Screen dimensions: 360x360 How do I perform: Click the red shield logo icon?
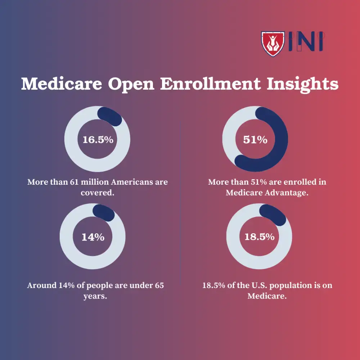273,44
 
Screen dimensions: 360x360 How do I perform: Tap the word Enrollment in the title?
210,84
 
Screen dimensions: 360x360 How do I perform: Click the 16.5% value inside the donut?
98,140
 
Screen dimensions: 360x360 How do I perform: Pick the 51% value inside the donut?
255,140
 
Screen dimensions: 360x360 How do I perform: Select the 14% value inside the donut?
93,237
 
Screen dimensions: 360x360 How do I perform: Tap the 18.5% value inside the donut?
259,237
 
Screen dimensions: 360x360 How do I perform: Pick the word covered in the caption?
97,193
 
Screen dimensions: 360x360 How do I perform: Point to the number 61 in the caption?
75,182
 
